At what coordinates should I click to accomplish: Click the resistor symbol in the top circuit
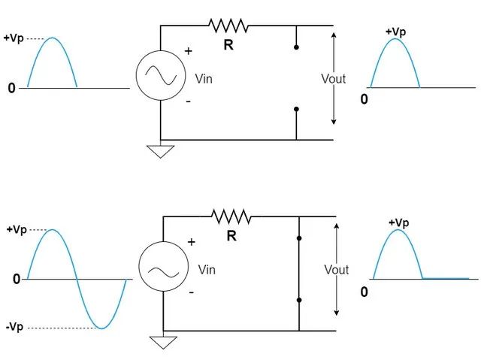228,26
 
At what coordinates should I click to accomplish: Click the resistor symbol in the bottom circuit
231,216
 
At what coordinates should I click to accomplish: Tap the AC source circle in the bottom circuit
163,266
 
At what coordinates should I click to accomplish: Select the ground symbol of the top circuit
160,150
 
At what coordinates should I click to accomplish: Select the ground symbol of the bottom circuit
163,341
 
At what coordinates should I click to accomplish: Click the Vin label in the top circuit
204,77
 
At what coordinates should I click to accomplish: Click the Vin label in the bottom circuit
207,269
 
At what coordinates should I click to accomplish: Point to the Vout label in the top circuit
333,77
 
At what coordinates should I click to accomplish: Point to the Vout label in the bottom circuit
336,269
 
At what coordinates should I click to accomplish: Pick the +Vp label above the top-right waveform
397,32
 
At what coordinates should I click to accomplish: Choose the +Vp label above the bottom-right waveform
398,222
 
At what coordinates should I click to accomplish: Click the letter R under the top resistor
228,44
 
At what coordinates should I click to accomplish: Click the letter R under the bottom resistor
231,235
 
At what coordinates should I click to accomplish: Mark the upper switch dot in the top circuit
296,47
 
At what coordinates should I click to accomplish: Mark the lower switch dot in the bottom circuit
299,300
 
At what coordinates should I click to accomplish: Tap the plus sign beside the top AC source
188,51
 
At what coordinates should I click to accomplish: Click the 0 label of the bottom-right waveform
364,292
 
